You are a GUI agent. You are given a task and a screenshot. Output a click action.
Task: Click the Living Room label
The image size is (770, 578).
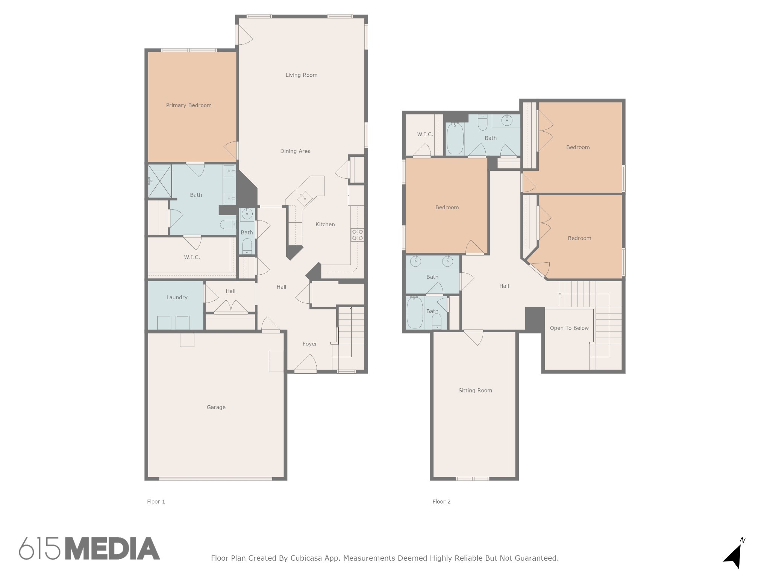pyautogui.click(x=301, y=75)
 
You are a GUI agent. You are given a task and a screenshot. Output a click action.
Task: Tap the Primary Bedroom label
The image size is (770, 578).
pyautogui.click(x=189, y=105)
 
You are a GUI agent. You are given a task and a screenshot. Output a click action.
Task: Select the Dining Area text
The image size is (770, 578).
pyautogui.click(x=295, y=151)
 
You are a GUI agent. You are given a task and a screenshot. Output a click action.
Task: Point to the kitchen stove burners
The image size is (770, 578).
pyautogui.click(x=357, y=235)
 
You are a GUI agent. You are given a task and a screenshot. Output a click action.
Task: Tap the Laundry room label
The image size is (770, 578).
pyautogui.click(x=177, y=297)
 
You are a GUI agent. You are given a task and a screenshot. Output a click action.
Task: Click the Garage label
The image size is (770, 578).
pyautogui.click(x=216, y=407)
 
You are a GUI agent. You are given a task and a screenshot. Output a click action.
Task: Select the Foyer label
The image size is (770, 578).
pyautogui.click(x=310, y=344)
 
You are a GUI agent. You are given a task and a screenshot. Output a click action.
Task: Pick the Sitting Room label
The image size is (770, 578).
pyautogui.click(x=475, y=391)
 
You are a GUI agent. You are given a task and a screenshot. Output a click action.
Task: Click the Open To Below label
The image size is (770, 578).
pyautogui.click(x=569, y=328)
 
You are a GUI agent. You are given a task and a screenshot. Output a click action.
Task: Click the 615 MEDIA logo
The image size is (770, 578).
pyautogui.click(x=89, y=548)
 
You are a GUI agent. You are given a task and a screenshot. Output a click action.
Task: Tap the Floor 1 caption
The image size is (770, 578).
pyautogui.click(x=156, y=502)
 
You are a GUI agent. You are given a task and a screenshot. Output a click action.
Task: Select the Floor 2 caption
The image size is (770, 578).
pyautogui.click(x=441, y=502)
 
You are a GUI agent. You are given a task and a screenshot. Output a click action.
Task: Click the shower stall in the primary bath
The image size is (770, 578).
pyautogui.click(x=160, y=181)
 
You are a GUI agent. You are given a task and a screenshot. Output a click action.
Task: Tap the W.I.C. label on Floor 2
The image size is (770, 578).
pyautogui.click(x=425, y=134)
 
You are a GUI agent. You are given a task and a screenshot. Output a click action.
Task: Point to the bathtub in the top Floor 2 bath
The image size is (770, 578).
pyautogui.click(x=455, y=138)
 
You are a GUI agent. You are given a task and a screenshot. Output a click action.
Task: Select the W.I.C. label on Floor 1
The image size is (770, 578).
pyautogui.click(x=192, y=257)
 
